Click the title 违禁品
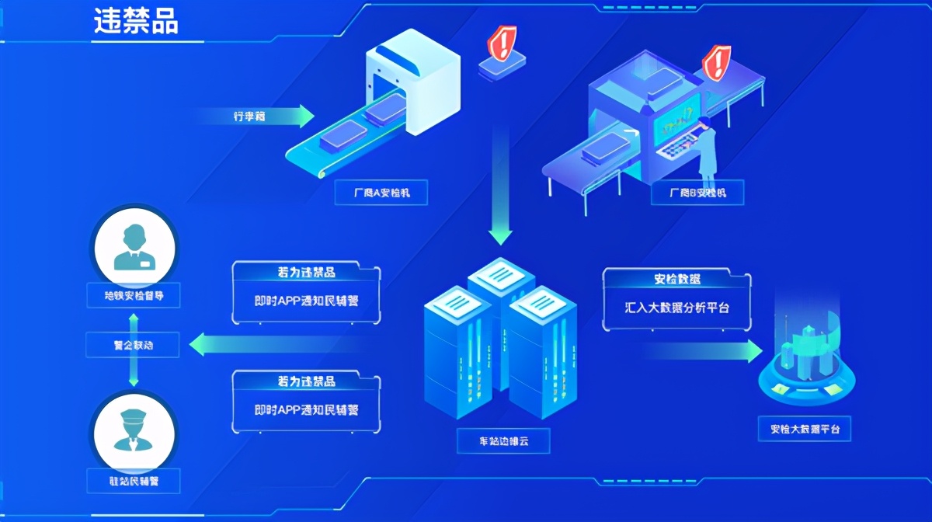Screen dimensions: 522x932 point(136,22)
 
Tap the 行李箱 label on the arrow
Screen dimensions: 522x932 point(249,117)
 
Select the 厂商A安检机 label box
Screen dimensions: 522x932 point(381,193)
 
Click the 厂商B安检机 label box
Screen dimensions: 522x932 point(697,193)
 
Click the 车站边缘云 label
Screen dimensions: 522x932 point(503,442)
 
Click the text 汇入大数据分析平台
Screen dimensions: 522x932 point(677,308)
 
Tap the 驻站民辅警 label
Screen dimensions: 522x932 point(133,479)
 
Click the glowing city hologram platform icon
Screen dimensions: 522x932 point(805,357)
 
